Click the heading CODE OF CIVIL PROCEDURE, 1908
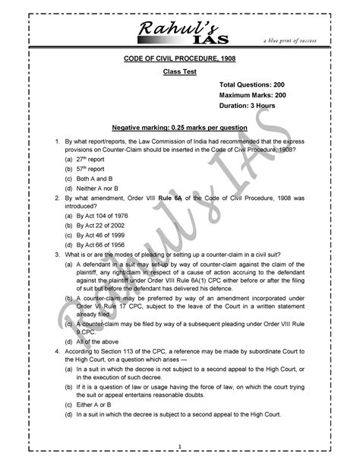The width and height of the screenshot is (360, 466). [177, 59]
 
